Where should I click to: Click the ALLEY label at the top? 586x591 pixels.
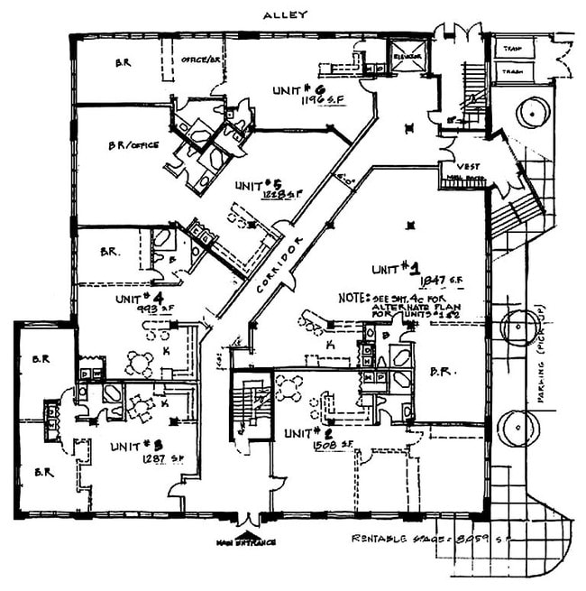click(286, 14)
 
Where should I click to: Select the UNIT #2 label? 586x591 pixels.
click(304, 433)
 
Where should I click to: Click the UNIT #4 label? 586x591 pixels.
click(138, 296)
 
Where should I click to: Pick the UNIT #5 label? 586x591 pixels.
click(257, 185)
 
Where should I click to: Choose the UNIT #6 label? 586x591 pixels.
click(295, 89)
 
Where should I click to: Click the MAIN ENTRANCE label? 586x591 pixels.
click(245, 542)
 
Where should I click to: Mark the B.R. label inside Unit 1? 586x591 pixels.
click(443, 370)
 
